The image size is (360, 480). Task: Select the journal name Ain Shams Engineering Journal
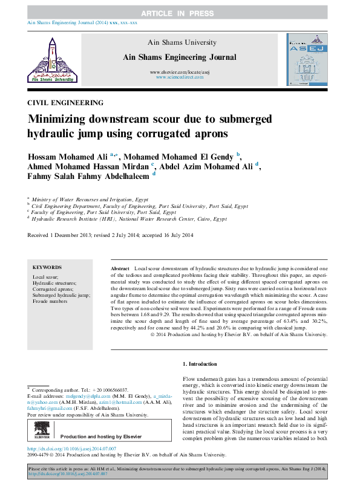click(x=179, y=57)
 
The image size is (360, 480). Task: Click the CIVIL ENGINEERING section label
click(x=65, y=103)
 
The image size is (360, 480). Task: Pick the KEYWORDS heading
click(x=47, y=267)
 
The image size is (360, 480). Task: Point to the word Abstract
click(x=120, y=267)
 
